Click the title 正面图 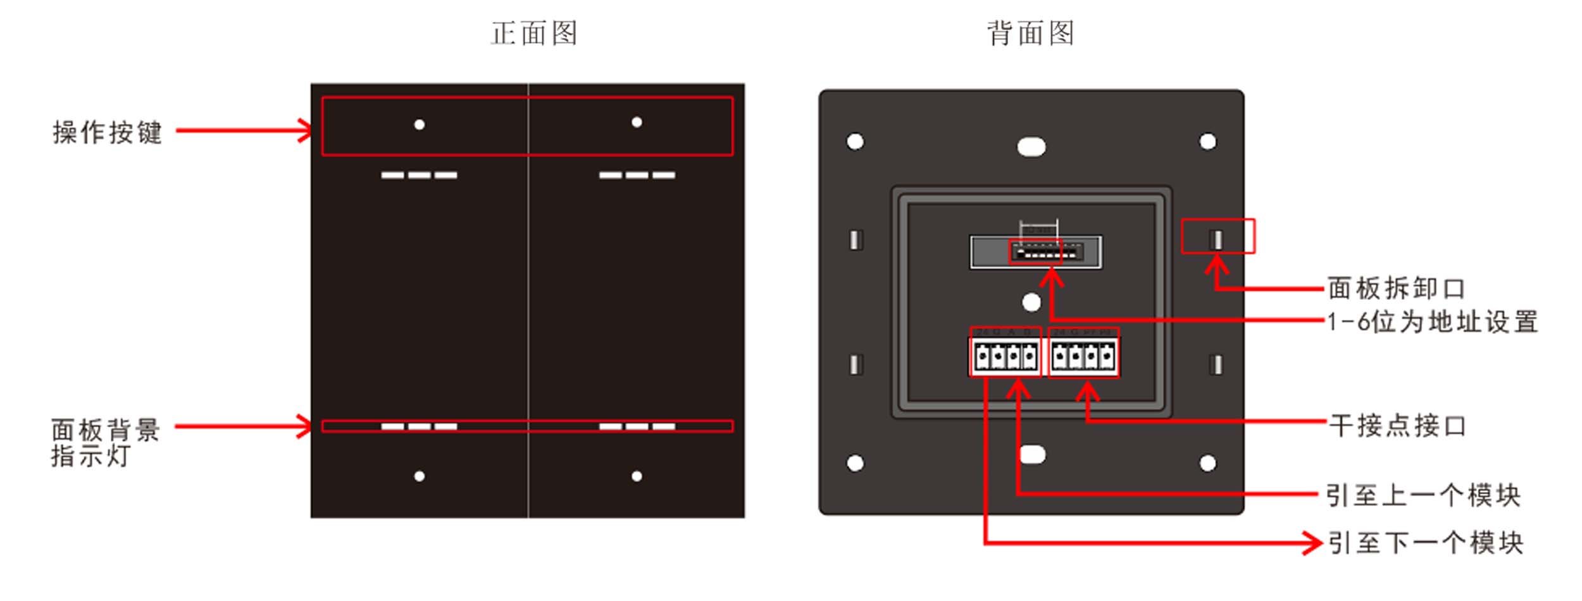533,33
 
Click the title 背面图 1030,33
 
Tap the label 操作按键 107,132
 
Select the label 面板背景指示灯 105,442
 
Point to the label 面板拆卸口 1396,288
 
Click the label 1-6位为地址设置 1432,322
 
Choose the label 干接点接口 1397,426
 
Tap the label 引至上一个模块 1423,495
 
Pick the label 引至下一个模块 1424,543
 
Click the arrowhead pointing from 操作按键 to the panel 306,131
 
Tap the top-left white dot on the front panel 419,125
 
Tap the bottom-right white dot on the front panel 637,476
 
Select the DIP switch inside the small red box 1035,252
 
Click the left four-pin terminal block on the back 1005,357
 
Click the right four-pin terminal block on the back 1083,357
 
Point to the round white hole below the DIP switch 1031,302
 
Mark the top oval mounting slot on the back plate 1031,147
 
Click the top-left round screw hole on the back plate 855,142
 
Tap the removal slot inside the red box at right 1216,239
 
